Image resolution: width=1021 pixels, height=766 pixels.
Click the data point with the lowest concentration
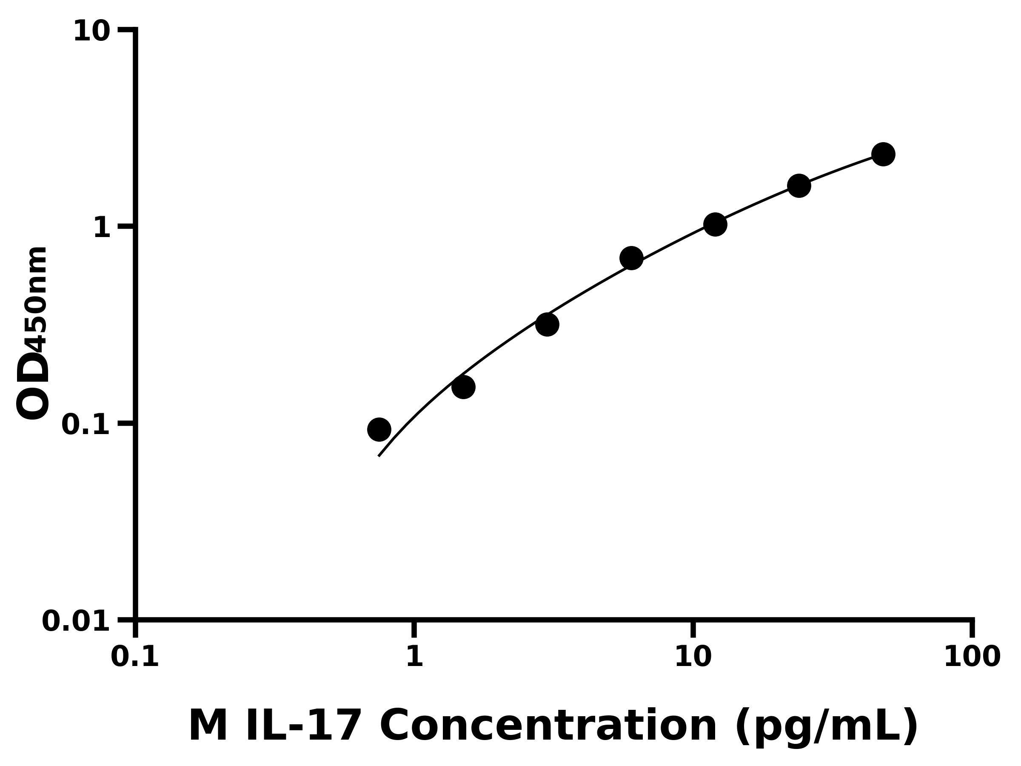[x=379, y=430]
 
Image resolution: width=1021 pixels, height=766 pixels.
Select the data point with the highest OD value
[x=884, y=154]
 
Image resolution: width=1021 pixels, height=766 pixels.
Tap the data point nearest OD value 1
[x=716, y=225]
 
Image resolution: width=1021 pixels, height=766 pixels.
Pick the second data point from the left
[x=463, y=387]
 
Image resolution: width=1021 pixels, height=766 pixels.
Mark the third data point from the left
[x=548, y=325]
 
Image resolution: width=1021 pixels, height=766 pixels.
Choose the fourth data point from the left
[x=631, y=258]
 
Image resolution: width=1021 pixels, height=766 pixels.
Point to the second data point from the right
[x=799, y=186]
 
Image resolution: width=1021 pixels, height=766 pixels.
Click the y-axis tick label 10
[x=92, y=32]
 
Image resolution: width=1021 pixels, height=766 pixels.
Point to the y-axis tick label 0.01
[x=76, y=621]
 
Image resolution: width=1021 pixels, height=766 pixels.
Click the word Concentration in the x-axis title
[x=548, y=726]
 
